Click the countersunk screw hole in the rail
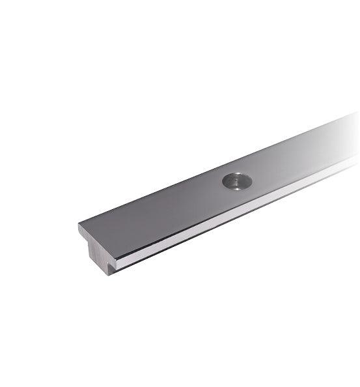237,181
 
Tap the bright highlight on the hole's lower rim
237,188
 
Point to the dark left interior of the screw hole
230,181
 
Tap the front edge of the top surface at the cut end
97,240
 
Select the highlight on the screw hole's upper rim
237,175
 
